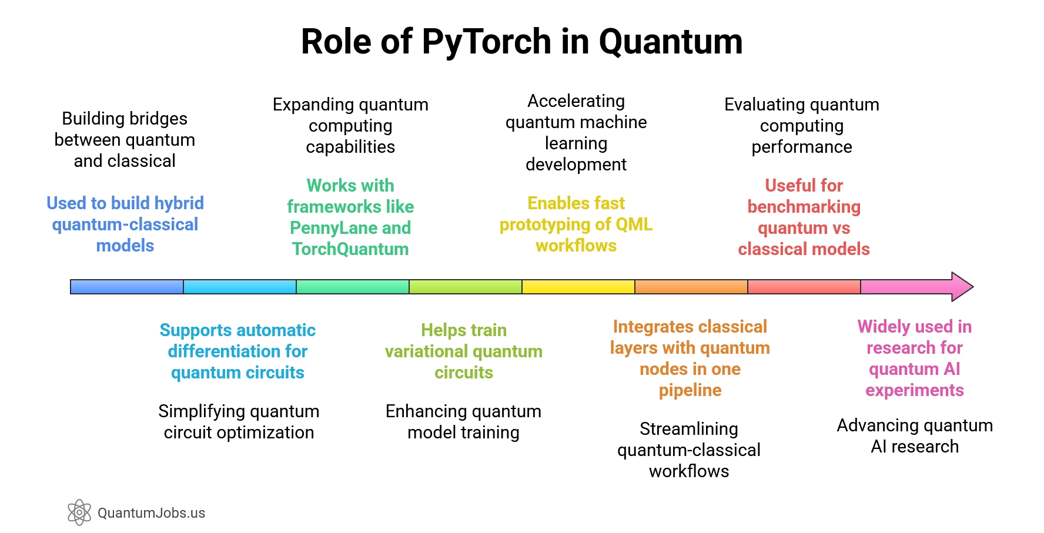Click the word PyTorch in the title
pos(486,42)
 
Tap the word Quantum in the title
pos(670,42)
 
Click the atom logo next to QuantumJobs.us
pos(79,512)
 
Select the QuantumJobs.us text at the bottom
pos(151,513)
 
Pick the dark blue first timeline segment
pos(127,287)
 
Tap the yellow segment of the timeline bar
pos(578,287)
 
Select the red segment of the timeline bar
pos(804,287)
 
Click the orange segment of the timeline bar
pos(691,287)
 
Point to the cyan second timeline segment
pos(240,287)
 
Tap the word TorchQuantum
pos(350,249)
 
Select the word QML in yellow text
pos(634,224)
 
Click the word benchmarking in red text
pos(804,207)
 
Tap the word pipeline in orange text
pos(690,390)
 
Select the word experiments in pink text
pos(914,390)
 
